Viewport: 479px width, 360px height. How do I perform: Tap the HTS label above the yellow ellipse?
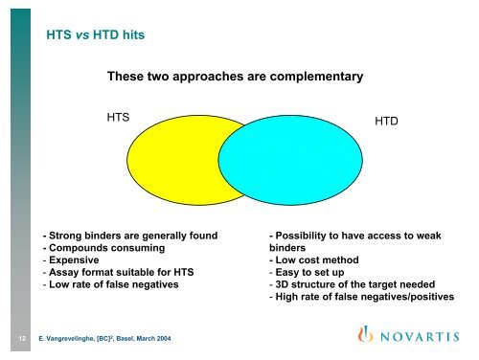119,116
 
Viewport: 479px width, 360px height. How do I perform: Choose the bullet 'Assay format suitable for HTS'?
119,272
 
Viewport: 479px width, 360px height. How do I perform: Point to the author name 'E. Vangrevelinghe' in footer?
73,339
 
